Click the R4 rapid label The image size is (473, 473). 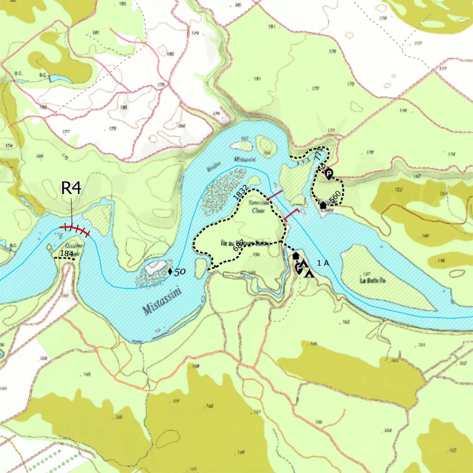[x=72, y=188]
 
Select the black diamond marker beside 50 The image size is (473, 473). [x=170, y=271]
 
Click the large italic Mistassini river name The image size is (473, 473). [x=162, y=300]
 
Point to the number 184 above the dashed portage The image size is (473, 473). [x=67, y=254]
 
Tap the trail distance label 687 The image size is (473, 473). [x=238, y=246]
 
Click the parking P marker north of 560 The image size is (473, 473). [x=329, y=174]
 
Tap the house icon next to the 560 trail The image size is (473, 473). [x=323, y=205]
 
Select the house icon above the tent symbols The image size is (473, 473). [x=296, y=255]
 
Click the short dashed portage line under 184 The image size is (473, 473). [x=65, y=259]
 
